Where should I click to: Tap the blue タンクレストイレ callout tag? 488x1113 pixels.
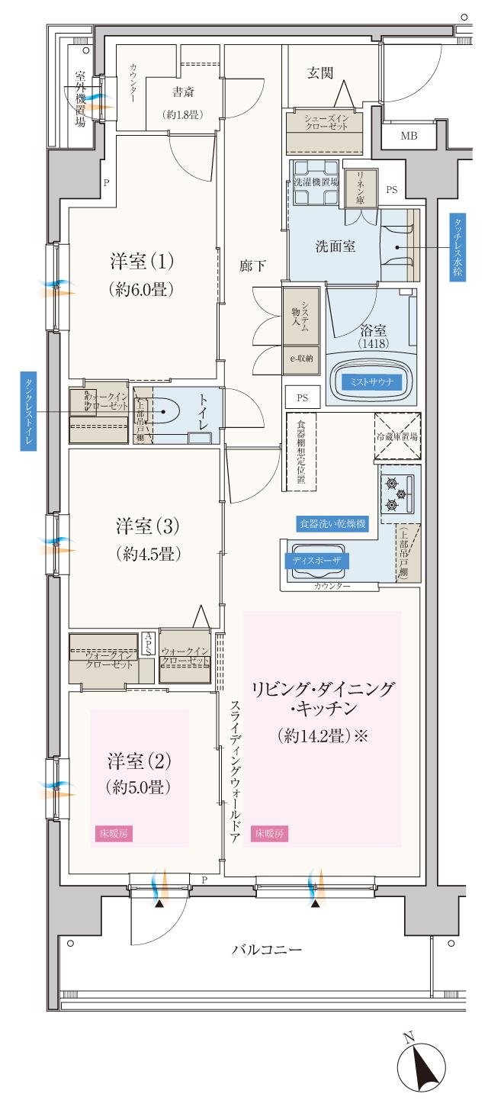click(28, 413)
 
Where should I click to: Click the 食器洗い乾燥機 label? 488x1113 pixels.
click(332, 525)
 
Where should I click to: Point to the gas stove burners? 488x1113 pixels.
click(393, 493)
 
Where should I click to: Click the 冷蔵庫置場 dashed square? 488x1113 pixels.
click(396, 436)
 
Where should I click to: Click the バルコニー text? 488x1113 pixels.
click(268, 951)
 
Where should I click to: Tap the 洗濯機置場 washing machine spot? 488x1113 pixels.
click(314, 183)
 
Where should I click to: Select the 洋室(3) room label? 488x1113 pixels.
click(148, 526)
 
